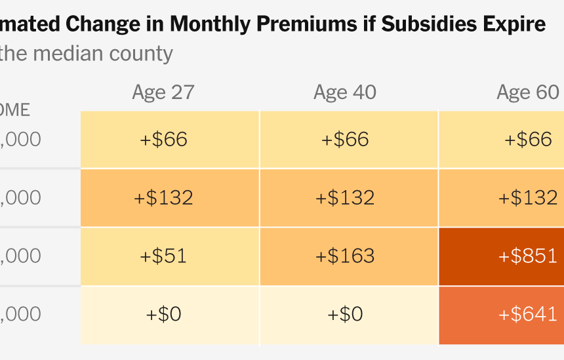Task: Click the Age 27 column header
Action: click(163, 92)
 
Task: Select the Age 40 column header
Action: click(345, 92)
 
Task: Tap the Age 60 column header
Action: click(527, 92)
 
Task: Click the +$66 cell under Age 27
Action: click(163, 139)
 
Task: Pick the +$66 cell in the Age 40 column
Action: click(345, 139)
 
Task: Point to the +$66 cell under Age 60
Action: click(528, 139)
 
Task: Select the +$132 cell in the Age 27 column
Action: click(163, 197)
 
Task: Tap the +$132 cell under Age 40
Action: click(345, 197)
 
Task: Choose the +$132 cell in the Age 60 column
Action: click(528, 197)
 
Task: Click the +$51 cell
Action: click(163, 256)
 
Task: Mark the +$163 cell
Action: click(345, 256)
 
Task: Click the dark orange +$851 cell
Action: click(528, 256)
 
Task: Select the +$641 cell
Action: click(528, 314)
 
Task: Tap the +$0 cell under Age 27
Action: click(163, 314)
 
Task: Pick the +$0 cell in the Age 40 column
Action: click(345, 314)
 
